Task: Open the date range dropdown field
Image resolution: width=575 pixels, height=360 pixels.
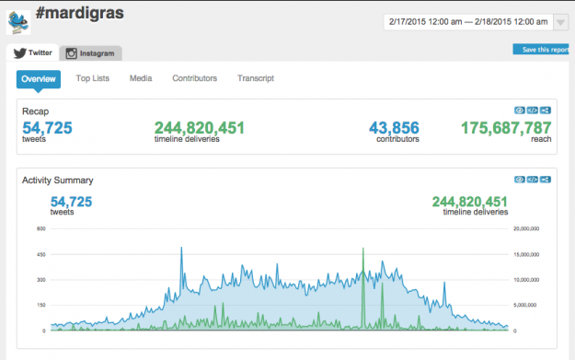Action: coord(466,20)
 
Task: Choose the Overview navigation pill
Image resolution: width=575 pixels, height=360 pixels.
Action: coord(39,78)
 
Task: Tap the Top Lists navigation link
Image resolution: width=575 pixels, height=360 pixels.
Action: coord(93,78)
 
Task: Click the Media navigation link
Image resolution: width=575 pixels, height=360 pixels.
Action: coord(141,78)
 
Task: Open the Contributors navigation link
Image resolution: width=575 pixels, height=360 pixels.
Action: coord(194,78)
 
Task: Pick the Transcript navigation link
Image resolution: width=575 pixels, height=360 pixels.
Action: coord(256,78)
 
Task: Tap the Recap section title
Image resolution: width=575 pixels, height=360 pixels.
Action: coord(35,110)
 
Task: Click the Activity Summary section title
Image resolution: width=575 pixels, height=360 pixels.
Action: coord(57,180)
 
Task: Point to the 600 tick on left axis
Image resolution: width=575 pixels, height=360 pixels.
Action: coord(41,227)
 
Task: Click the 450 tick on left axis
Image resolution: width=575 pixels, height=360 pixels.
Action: coord(41,253)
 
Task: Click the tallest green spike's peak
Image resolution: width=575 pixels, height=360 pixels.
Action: coord(363,249)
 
